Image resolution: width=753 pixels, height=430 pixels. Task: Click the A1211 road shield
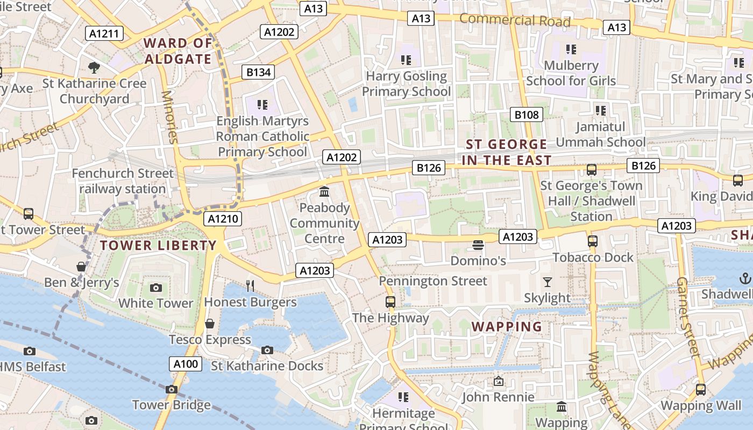pos(104,34)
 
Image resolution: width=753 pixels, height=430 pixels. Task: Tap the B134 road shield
pos(258,72)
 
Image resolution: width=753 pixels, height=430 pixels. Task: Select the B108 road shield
pos(526,114)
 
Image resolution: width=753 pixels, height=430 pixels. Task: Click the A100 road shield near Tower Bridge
pos(186,364)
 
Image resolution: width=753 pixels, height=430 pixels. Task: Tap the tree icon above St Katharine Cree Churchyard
pos(94,67)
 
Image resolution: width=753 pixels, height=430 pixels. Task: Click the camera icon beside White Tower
pos(156,288)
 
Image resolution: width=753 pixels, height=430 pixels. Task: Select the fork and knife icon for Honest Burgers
pos(250,285)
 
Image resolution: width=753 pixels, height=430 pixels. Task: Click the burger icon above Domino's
pos(478,245)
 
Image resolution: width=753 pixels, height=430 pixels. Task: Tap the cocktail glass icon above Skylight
pos(548,282)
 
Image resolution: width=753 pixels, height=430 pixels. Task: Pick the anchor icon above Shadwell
pos(745,278)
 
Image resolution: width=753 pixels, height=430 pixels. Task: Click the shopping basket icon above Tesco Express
pos(210,323)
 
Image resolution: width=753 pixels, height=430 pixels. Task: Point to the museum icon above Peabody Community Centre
pos(324,191)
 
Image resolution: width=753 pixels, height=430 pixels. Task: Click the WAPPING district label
pos(507,327)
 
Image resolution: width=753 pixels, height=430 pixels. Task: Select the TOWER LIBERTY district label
pos(158,246)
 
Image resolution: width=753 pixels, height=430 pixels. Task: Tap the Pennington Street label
pos(433,281)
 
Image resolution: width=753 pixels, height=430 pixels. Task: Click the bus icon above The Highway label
pos(390,302)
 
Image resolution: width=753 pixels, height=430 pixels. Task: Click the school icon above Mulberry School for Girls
pos(571,49)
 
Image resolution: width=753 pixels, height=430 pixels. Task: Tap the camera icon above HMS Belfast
pos(30,351)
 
